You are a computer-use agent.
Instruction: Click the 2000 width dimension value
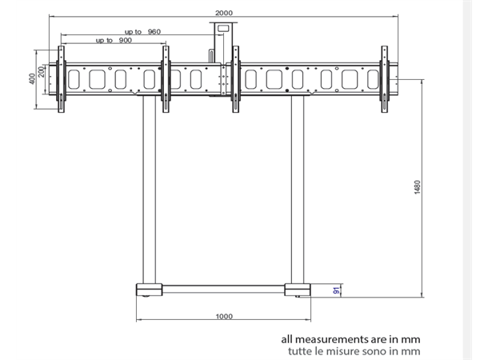[x=225, y=11]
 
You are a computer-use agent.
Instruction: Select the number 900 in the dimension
[x=126, y=40]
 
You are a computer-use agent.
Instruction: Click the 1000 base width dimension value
[x=225, y=316]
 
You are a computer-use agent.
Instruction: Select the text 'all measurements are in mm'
[x=350, y=338]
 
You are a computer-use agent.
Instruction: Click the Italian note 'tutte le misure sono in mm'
[x=350, y=350]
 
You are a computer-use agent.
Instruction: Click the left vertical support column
[x=149, y=192]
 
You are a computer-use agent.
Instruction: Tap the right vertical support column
[x=298, y=192]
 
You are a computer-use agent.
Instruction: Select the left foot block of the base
[x=150, y=289]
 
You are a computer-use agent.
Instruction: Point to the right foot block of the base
[x=298, y=289]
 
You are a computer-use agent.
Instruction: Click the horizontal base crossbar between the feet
[x=224, y=287]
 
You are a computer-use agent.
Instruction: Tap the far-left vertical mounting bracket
[x=59, y=80]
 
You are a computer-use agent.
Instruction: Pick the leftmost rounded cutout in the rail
[x=78, y=80]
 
